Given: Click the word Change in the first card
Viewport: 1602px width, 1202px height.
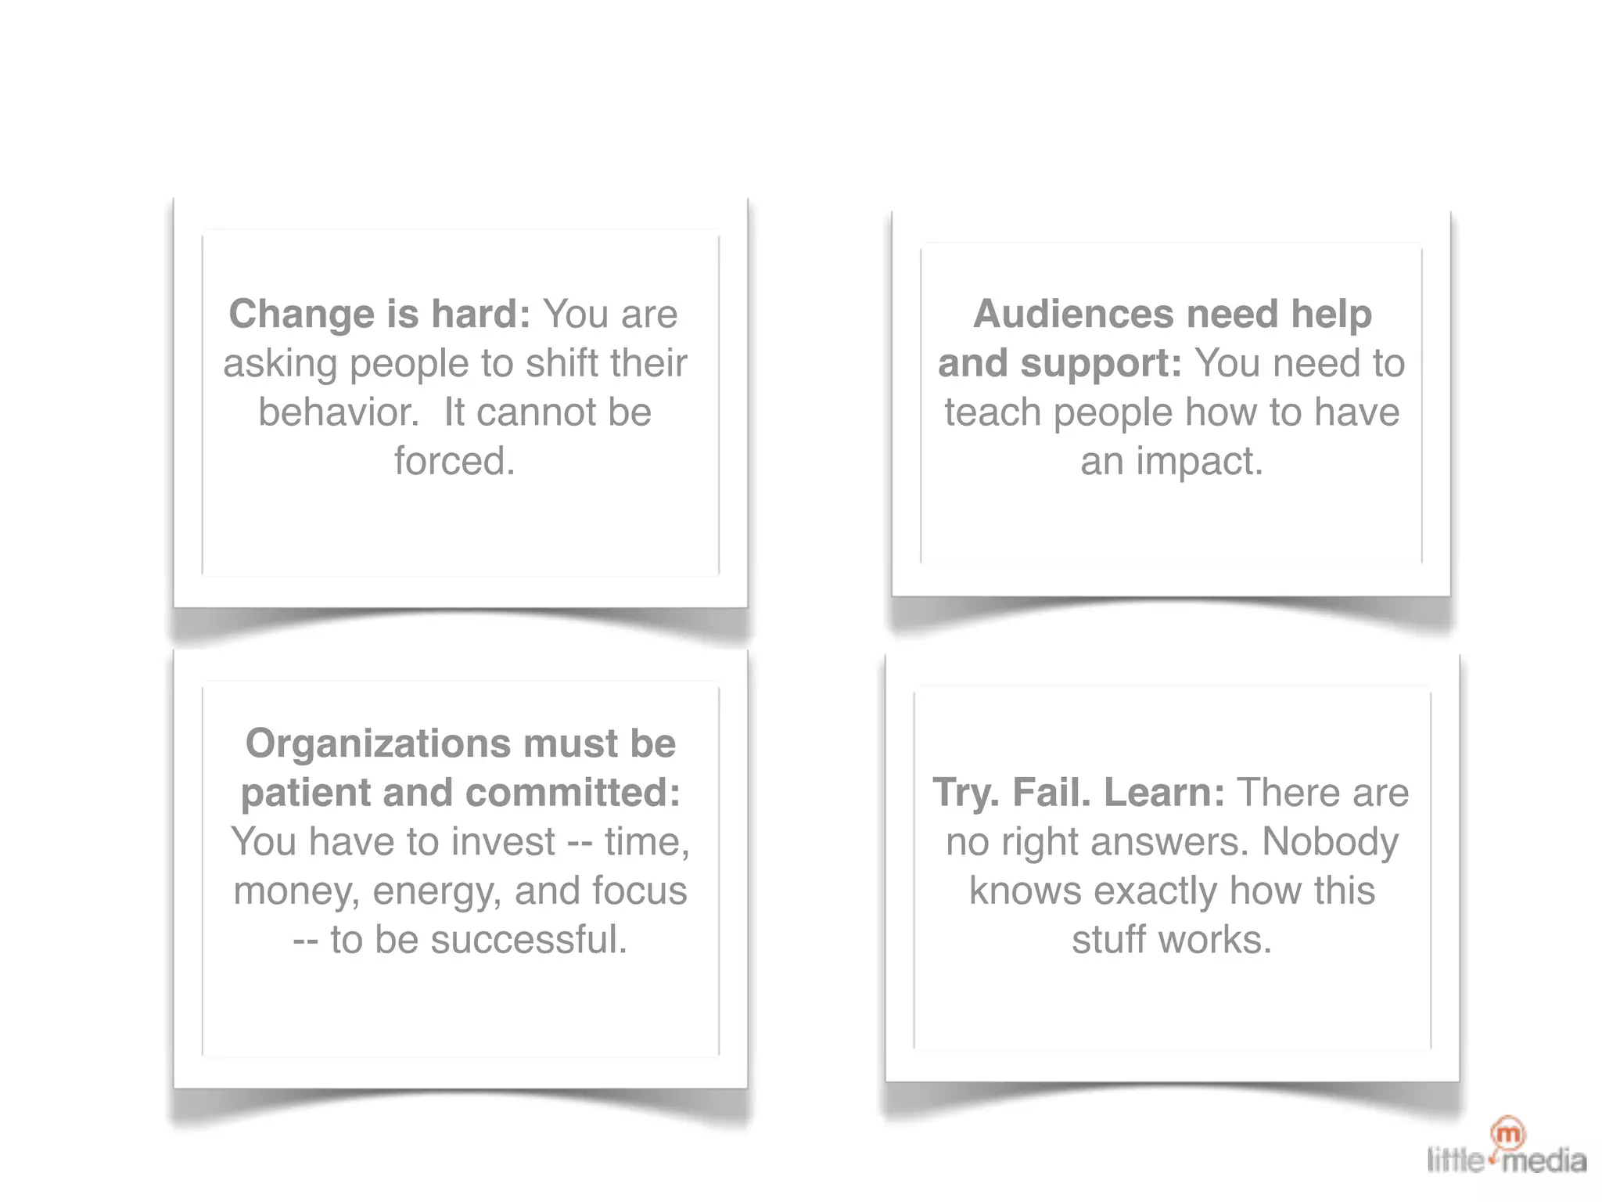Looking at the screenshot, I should click(x=300, y=315).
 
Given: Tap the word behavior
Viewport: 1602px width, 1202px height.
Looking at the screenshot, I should click(x=338, y=412).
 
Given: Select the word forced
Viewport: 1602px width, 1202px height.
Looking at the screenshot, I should click(x=454, y=461).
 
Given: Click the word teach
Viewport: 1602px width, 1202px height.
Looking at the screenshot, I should click(x=992, y=412).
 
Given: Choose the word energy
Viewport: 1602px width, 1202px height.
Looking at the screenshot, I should click(x=436, y=891).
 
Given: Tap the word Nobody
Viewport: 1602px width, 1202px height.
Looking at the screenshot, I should click(x=1330, y=842).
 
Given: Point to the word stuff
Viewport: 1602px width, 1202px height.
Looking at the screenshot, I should click(x=1108, y=940).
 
